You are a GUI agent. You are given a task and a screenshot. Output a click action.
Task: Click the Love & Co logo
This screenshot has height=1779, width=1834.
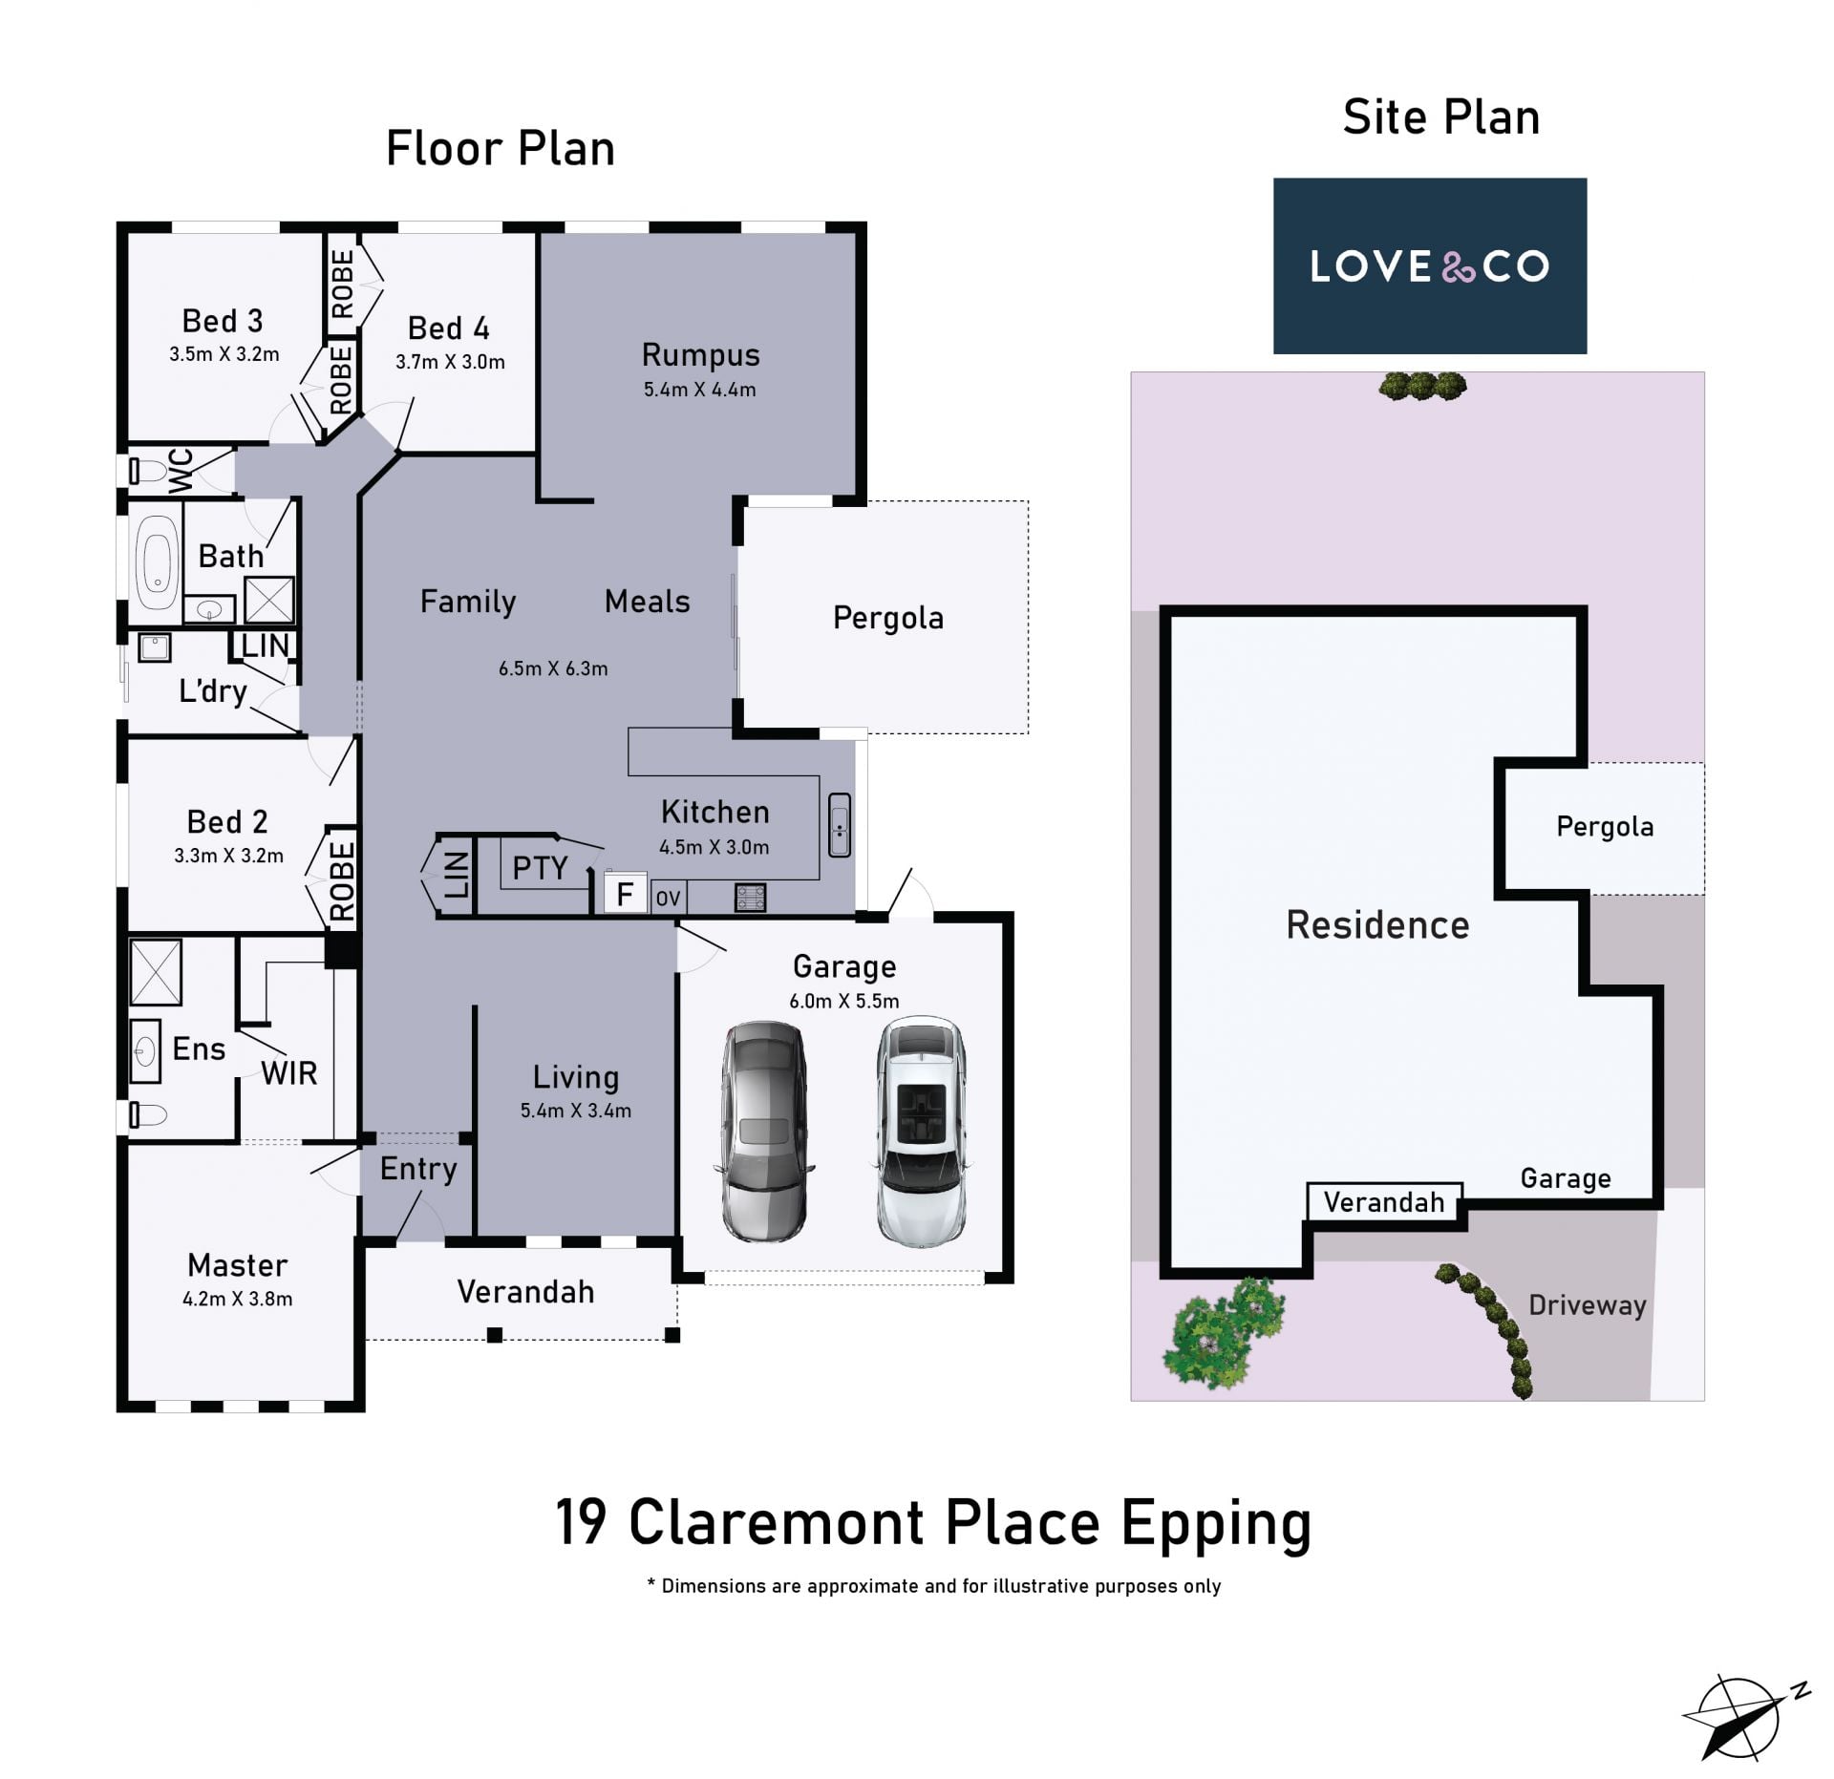(x=1429, y=265)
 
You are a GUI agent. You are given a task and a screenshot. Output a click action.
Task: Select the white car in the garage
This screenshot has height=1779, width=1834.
(x=922, y=1132)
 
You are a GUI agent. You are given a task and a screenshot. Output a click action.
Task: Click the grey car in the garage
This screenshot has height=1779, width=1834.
(x=764, y=1132)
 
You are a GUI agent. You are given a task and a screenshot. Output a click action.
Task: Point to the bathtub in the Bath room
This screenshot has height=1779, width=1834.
(x=157, y=563)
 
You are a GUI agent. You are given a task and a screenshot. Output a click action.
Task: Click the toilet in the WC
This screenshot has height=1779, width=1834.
(x=147, y=470)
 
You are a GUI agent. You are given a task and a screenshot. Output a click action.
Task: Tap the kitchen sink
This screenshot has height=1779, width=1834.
(x=840, y=825)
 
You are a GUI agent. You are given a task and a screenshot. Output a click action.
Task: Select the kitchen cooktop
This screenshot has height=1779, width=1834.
(x=750, y=898)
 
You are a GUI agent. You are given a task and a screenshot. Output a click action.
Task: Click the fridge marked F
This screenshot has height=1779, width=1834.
(x=625, y=894)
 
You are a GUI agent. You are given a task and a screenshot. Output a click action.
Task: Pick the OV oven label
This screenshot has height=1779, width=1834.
(x=668, y=899)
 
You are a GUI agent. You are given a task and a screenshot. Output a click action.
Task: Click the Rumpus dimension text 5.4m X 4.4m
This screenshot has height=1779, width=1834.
(x=699, y=390)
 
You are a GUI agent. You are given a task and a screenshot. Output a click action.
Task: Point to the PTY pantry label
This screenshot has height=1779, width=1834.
(x=540, y=868)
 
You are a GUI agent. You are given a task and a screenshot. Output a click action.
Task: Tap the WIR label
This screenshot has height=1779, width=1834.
(x=288, y=1073)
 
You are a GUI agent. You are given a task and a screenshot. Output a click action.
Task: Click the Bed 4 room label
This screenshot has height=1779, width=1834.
(x=449, y=328)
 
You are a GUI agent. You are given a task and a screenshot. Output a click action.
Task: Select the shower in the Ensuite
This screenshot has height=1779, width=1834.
(x=156, y=973)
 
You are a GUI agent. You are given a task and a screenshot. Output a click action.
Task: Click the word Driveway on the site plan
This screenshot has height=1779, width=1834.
(x=1588, y=1305)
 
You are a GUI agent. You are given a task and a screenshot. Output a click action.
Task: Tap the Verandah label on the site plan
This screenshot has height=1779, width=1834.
(x=1384, y=1202)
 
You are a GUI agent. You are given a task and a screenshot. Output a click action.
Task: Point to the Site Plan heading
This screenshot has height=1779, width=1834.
(x=1441, y=117)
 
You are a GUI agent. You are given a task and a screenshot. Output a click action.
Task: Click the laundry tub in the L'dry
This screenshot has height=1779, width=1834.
(x=155, y=648)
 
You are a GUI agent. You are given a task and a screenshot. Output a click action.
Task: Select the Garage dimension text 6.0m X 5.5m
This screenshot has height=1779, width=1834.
(x=844, y=1001)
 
